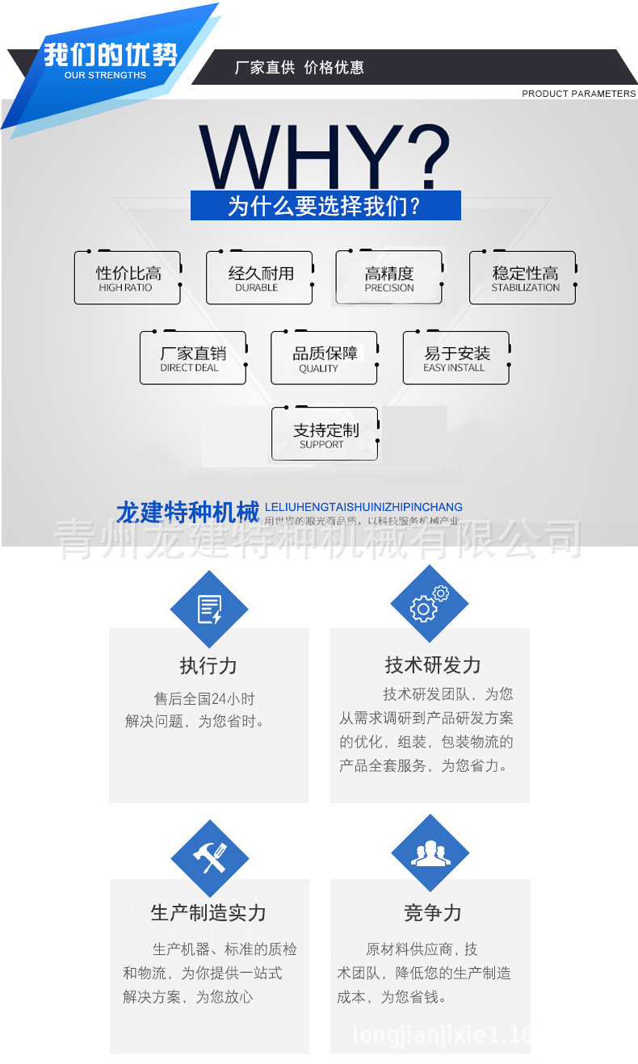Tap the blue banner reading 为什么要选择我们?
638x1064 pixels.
point(325,206)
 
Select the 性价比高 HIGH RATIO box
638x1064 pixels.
point(127,278)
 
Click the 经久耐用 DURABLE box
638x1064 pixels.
point(259,278)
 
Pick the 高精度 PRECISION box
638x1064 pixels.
point(389,278)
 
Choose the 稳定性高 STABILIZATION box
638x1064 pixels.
point(523,278)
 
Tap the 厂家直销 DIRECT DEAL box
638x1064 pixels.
point(192,358)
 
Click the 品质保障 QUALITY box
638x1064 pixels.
point(324,358)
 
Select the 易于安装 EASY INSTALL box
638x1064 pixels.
point(456,358)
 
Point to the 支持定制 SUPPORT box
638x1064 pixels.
point(325,434)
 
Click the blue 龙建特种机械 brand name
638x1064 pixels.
point(187,512)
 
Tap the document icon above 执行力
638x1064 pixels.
point(209,609)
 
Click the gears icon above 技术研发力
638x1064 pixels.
point(430,604)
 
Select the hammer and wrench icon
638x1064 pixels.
point(210,858)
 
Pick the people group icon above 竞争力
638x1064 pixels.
point(430,853)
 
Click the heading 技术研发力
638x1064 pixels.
point(433,665)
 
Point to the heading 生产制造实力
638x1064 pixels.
point(208,913)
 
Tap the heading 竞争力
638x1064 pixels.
point(433,913)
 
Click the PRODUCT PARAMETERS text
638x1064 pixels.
point(578,94)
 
